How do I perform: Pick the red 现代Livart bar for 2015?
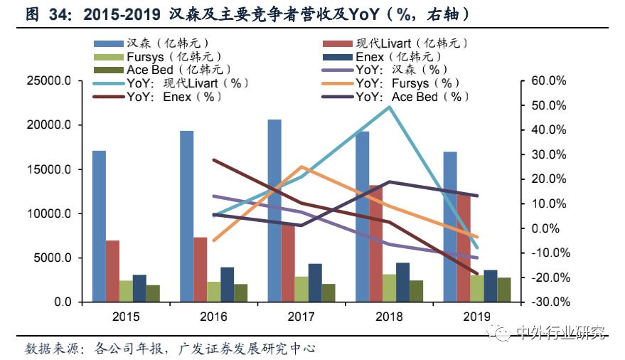pyautogui.click(x=112, y=271)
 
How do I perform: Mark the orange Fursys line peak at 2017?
pyautogui.click(x=302, y=167)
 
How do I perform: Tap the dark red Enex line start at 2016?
pyautogui.click(x=213, y=160)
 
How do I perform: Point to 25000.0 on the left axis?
pyautogui.click(x=48, y=81)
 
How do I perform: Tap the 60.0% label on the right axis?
pyautogui.click(x=548, y=81)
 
